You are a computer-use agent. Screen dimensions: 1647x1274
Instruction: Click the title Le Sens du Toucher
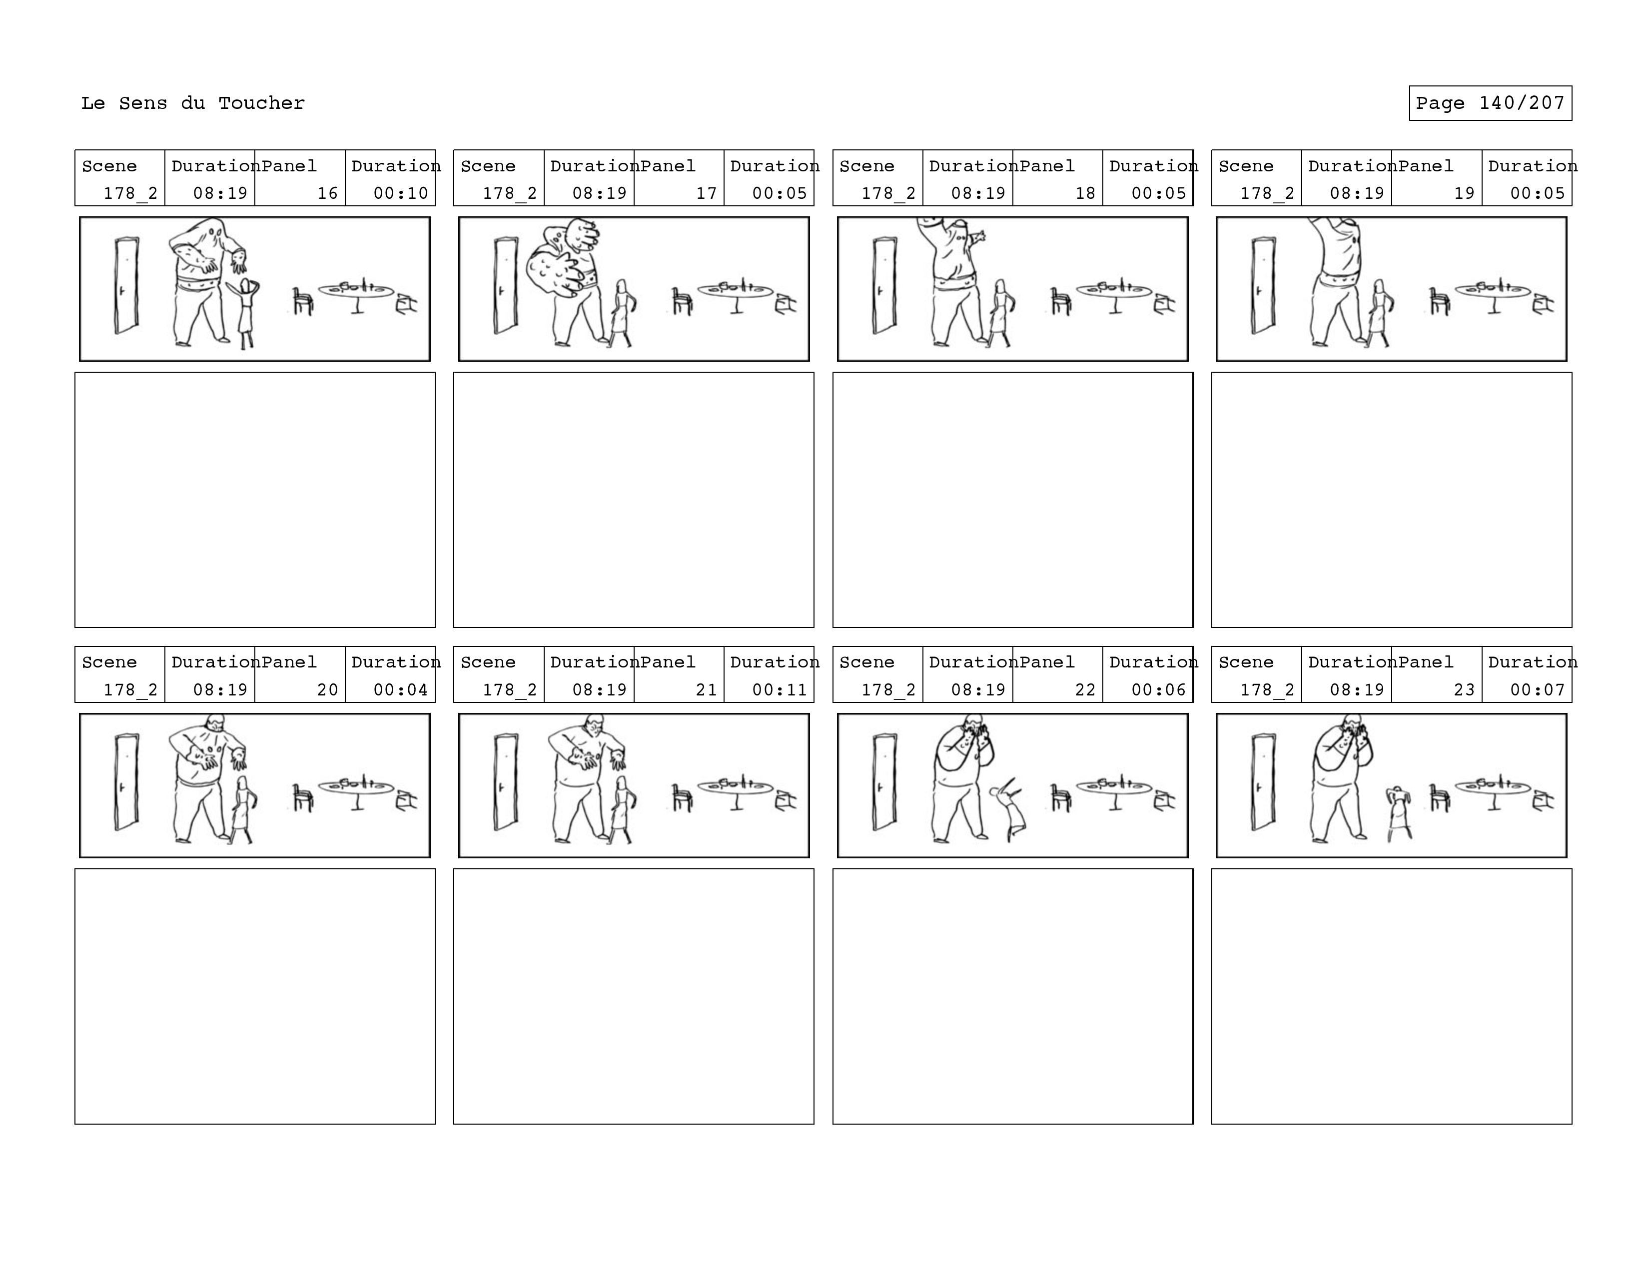click(193, 103)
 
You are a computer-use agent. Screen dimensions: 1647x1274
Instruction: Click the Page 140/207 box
click(1490, 103)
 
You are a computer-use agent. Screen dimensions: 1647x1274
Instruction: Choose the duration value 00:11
click(779, 690)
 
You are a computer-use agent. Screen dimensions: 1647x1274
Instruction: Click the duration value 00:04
click(400, 690)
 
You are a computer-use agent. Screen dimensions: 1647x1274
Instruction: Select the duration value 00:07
click(1537, 690)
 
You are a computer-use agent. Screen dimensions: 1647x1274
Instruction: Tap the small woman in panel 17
click(622, 313)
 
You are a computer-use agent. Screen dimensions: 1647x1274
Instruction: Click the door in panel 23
click(1263, 782)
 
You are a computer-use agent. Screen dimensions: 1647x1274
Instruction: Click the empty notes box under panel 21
click(634, 996)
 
